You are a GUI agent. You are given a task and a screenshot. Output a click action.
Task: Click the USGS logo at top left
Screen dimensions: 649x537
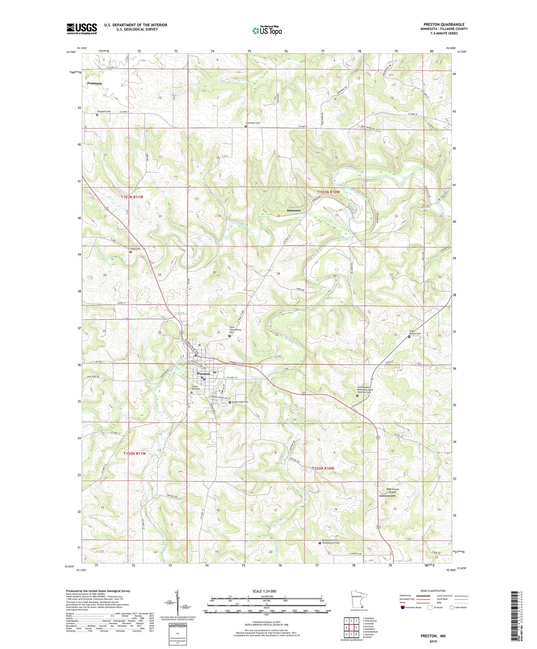[x=81, y=29]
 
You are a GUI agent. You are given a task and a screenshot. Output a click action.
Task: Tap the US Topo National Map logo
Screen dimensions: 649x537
[x=267, y=30]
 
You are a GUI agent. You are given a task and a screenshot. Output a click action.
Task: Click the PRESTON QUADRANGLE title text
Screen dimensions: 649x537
[x=444, y=25]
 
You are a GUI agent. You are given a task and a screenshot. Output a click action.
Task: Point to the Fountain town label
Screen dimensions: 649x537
[x=94, y=84]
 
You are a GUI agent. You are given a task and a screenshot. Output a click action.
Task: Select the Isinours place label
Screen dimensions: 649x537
[x=294, y=210]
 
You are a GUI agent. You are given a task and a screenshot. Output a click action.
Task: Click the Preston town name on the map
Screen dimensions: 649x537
[x=203, y=374]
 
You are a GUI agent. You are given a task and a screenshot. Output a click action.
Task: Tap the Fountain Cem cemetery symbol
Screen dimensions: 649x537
[x=97, y=115]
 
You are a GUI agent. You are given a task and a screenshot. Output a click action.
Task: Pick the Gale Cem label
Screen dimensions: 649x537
[x=135, y=249]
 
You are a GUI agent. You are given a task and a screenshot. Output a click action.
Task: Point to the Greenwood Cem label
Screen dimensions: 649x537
[x=240, y=402]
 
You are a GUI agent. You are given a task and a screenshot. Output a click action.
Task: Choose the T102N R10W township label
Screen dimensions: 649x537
[x=323, y=468]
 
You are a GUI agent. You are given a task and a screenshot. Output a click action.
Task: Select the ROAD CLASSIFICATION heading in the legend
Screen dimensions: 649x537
[x=433, y=591]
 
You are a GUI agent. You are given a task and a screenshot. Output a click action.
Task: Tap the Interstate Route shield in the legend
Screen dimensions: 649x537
[x=403, y=608]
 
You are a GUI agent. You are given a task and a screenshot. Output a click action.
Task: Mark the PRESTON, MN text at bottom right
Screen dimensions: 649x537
[x=433, y=636]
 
